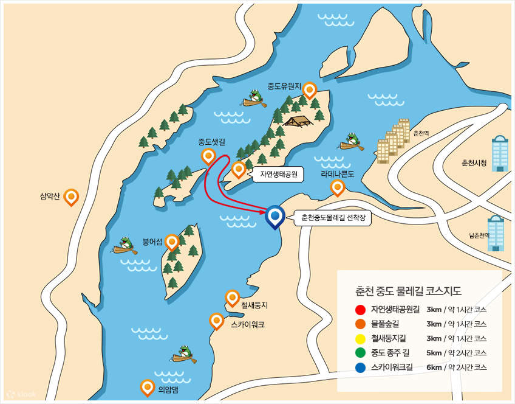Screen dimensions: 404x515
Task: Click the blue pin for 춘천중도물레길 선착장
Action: pyautogui.click(x=276, y=216)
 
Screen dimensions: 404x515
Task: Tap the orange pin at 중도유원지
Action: pyautogui.click(x=310, y=91)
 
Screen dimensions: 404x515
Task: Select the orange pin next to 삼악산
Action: pyautogui.click(x=72, y=197)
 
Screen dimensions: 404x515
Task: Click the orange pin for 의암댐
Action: pyautogui.click(x=147, y=387)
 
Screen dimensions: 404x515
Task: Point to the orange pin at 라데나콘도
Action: pyautogui.click(x=337, y=187)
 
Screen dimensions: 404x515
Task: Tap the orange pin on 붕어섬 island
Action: pyautogui.click(x=172, y=242)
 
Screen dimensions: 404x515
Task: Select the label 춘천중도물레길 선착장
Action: pyautogui.click(x=332, y=217)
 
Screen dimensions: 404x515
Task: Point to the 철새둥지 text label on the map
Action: pyautogui.click(x=254, y=304)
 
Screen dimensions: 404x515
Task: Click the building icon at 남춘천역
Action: pyautogui.click(x=496, y=234)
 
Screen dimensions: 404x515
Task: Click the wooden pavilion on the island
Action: pyautogui.click(x=298, y=121)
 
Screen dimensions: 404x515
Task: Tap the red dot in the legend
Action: pyautogui.click(x=361, y=309)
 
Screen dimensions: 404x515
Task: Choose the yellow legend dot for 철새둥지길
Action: pyautogui.click(x=361, y=338)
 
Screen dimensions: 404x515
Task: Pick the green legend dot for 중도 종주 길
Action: pyautogui.click(x=361, y=353)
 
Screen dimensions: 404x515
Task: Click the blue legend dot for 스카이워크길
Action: pyautogui.click(x=361, y=367)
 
